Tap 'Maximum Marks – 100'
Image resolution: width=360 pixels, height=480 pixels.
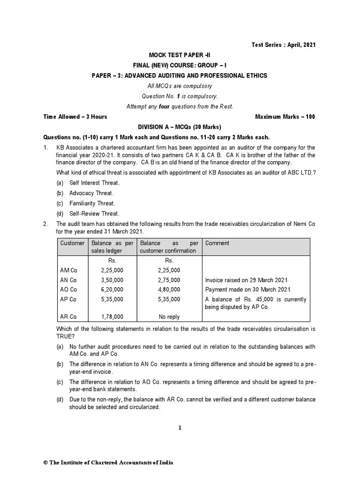tap(285, 117)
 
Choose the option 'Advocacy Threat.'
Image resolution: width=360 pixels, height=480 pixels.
tap(91, 193)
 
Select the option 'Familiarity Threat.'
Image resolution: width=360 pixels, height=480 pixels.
tap(92, 203)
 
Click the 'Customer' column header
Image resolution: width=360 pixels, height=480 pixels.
tap(73, 243)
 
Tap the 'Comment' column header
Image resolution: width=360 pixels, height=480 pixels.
tap(217, 243)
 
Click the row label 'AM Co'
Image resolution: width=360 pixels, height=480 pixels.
tap(68, 270)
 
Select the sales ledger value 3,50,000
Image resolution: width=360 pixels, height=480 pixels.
tap(112, 280)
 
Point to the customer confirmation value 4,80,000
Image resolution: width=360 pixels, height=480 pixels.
tap(169, 289)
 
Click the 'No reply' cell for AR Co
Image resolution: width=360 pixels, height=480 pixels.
tap(169, 317)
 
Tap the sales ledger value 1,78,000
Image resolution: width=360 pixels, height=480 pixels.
tap(112, 317)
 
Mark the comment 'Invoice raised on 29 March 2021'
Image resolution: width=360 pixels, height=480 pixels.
tap(247, 280)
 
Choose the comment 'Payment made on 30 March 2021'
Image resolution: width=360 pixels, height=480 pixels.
tap(247, 289)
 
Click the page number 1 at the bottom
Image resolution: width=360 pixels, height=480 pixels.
tap(180, 427)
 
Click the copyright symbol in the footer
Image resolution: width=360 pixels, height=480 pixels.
tap(45, 463)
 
